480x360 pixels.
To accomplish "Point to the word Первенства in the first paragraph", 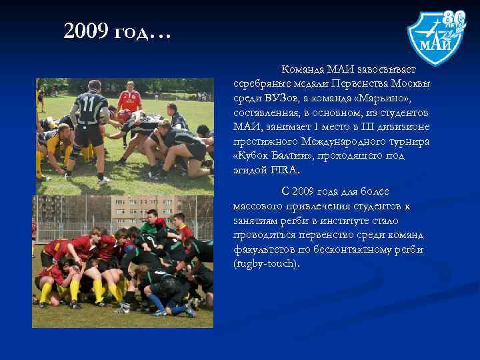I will click(358, 83).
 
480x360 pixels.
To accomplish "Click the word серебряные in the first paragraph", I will click(261, 83).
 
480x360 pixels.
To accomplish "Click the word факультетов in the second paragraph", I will click(263, 249).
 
